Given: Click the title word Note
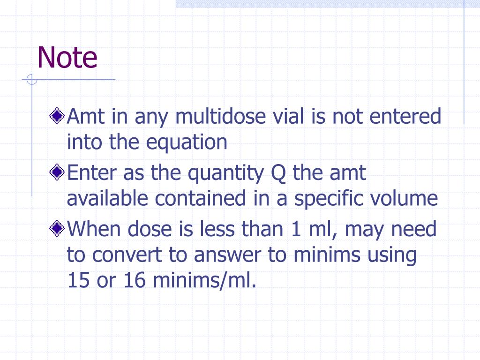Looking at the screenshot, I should click(x=67, y=58).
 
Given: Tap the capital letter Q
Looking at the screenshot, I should click(x=279, y=173).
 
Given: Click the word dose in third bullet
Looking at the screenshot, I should click(x=151, y=230).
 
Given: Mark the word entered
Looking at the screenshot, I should click(x=405, y=116).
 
